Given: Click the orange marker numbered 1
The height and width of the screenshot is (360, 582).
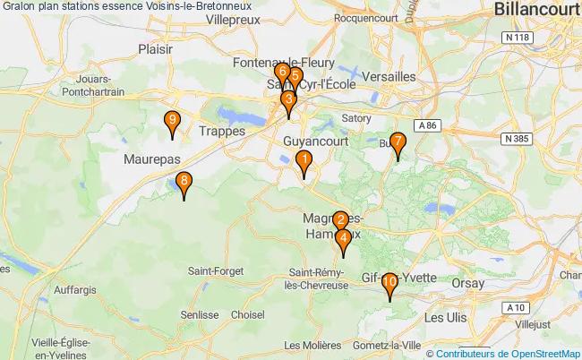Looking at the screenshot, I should [x=304, y=162].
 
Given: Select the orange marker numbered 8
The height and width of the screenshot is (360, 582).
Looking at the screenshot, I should [x=184, y=183].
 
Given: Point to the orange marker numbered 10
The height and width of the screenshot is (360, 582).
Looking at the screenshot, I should [x=389, y=284].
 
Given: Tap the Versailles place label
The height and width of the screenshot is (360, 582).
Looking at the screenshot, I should [x=389, y=77].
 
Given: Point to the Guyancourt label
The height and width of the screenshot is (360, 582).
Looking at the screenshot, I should [x=313, y=141].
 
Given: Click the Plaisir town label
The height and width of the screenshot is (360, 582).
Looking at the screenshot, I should [x=156, y=49].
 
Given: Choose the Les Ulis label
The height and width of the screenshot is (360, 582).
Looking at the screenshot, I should [x=446, y=317].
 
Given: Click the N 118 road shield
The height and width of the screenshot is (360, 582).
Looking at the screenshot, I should [x=512, y=37].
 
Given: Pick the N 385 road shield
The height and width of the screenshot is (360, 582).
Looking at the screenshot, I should [x=518, y=139].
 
